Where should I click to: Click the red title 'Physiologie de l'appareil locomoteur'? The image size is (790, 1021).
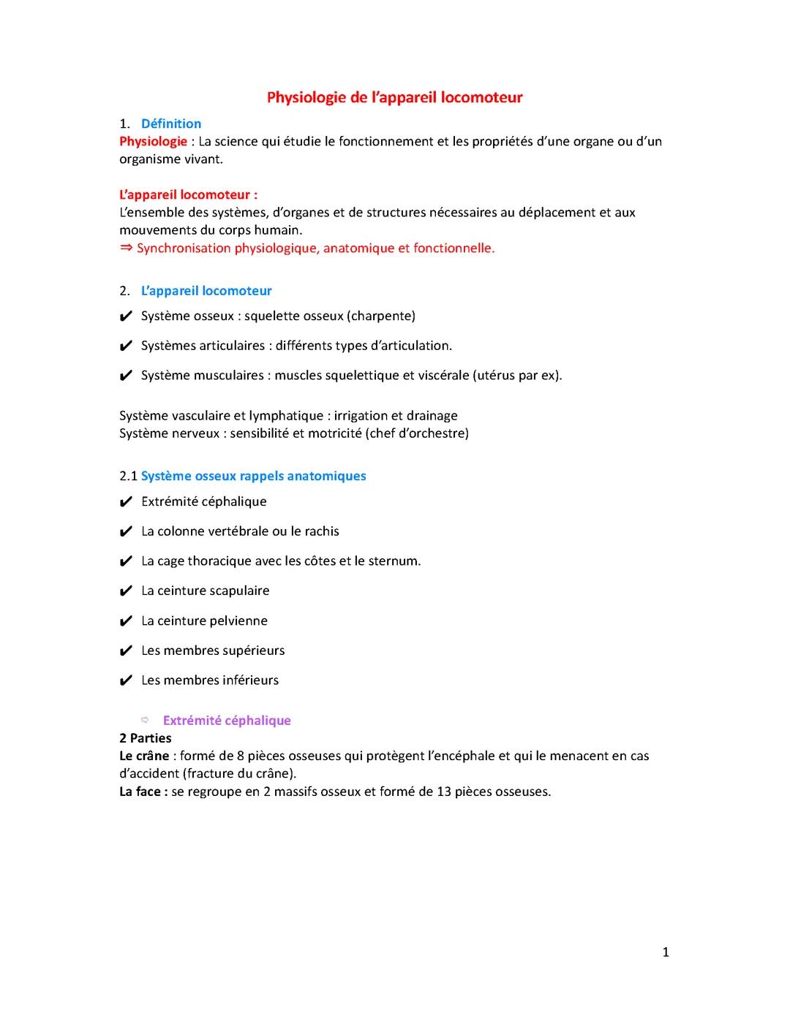(394, 97)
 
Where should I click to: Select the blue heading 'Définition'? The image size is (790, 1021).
(171, 124)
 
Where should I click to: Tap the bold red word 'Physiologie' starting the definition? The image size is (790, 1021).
(153, 141)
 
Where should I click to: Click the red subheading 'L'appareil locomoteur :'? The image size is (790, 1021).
(188, 194)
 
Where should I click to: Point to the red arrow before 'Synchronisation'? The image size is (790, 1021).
(126, 248)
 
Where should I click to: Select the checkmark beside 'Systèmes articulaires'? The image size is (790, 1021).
(126, 346)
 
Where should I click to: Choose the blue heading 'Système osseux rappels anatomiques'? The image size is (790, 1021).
(253, 476)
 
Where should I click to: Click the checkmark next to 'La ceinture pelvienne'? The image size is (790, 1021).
(126, 621)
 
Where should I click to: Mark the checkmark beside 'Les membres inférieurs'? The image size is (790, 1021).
(126, 680)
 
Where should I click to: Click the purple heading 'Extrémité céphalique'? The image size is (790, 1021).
(227, 720)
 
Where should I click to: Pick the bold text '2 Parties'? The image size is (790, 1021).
(146, 737)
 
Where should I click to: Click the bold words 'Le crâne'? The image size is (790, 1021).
(144, 756)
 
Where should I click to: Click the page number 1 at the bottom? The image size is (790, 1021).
(665, 952)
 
